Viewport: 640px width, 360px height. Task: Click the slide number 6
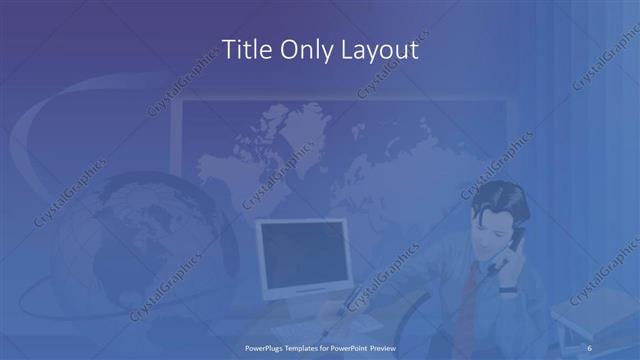(591, 345)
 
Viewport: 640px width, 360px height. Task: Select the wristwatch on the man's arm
(508, 289)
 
